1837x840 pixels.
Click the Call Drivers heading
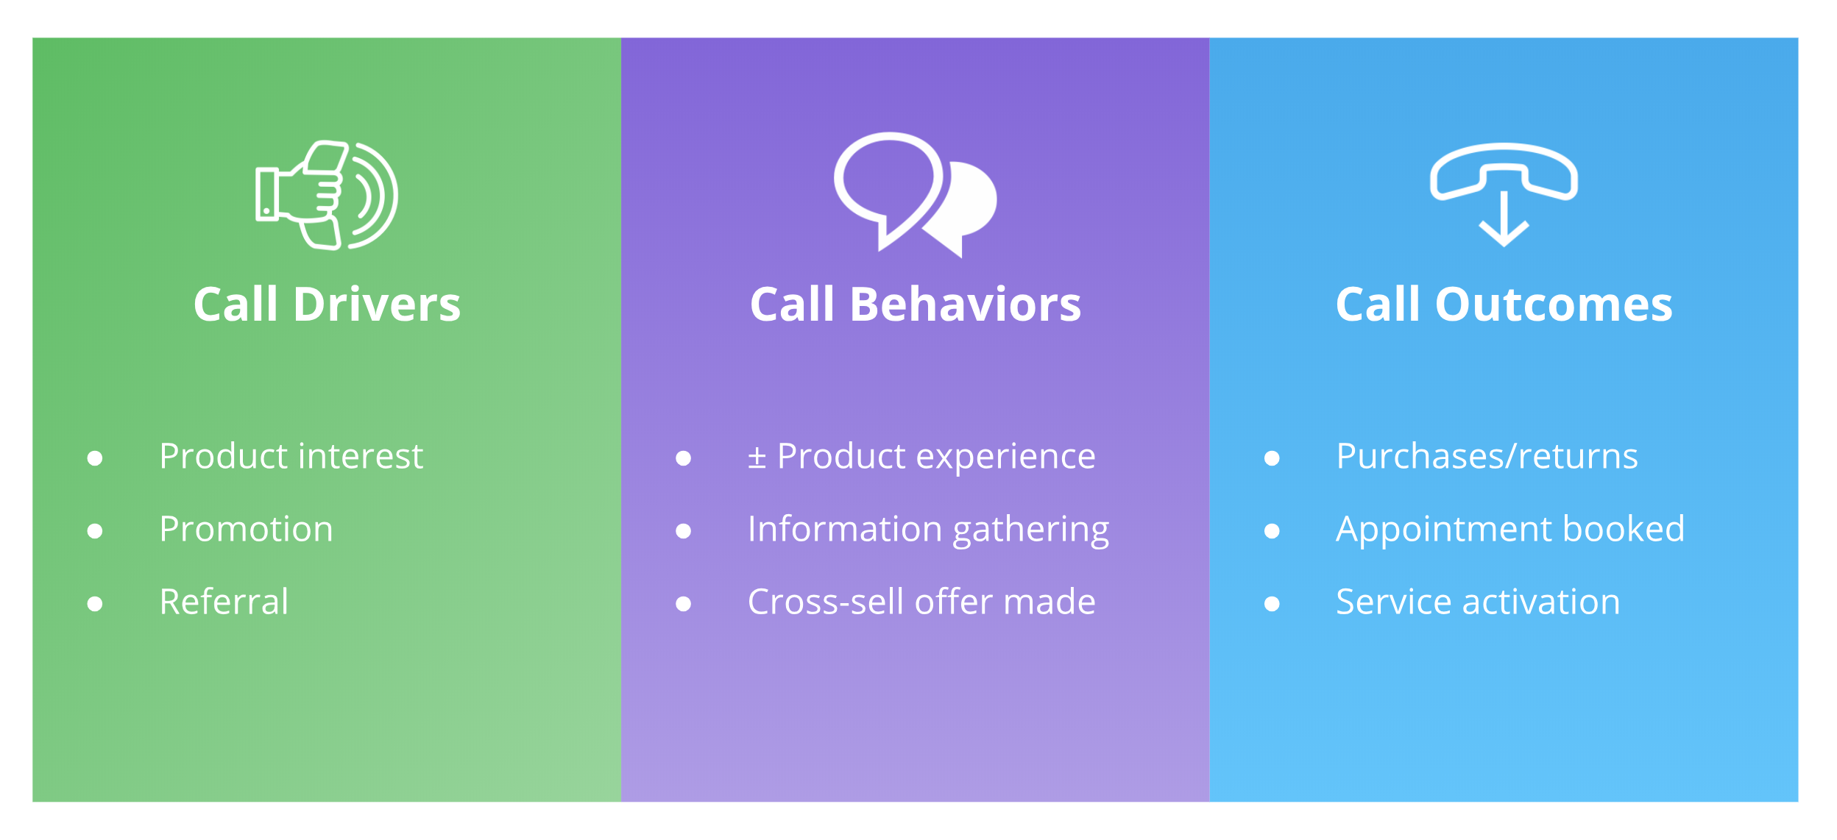327,305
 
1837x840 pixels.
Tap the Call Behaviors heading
915,305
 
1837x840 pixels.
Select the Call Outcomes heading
1504,305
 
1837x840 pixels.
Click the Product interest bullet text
291,456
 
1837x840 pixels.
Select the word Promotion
246,529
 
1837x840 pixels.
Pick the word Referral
224,602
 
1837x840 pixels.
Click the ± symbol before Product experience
757,458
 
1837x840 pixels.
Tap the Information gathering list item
927,529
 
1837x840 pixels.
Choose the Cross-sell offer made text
921,602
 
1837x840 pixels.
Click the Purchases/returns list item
1486,456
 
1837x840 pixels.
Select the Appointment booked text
1509,529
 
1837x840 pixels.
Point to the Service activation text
1477,602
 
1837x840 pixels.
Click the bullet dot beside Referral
95,604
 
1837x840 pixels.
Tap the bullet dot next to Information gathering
683,531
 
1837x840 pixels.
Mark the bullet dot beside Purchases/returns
1271,458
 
